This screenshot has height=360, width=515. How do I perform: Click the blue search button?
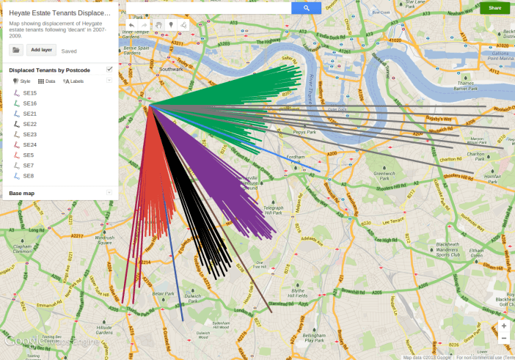point(306,8)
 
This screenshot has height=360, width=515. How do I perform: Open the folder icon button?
point(16,50)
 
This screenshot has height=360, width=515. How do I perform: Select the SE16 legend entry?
point(29,103)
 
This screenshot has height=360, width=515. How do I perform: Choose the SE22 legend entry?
point(29,124)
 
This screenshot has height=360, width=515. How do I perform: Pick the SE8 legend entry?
point(28,176)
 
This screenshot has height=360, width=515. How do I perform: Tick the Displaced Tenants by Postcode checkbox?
point(109,69)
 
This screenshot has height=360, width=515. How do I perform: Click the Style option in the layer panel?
point(22,81)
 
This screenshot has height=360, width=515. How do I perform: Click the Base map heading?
point(22,193)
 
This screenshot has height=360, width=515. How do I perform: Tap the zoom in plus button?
point(503,325)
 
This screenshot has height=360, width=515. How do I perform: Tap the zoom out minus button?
point(503,338)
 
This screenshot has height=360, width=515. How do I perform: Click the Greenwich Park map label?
point(384,176)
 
